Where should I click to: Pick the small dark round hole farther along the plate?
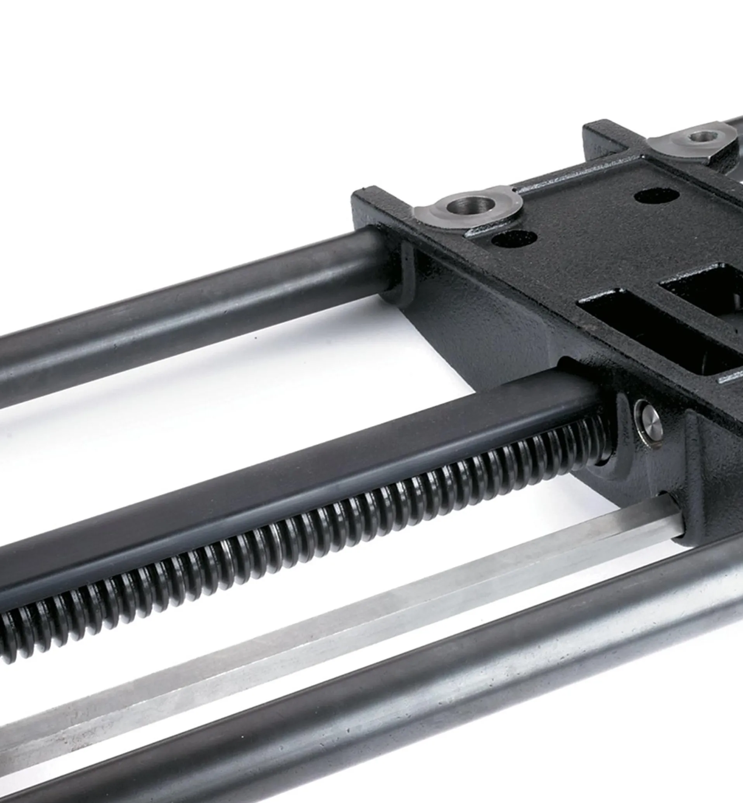click(x=656, y=197)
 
